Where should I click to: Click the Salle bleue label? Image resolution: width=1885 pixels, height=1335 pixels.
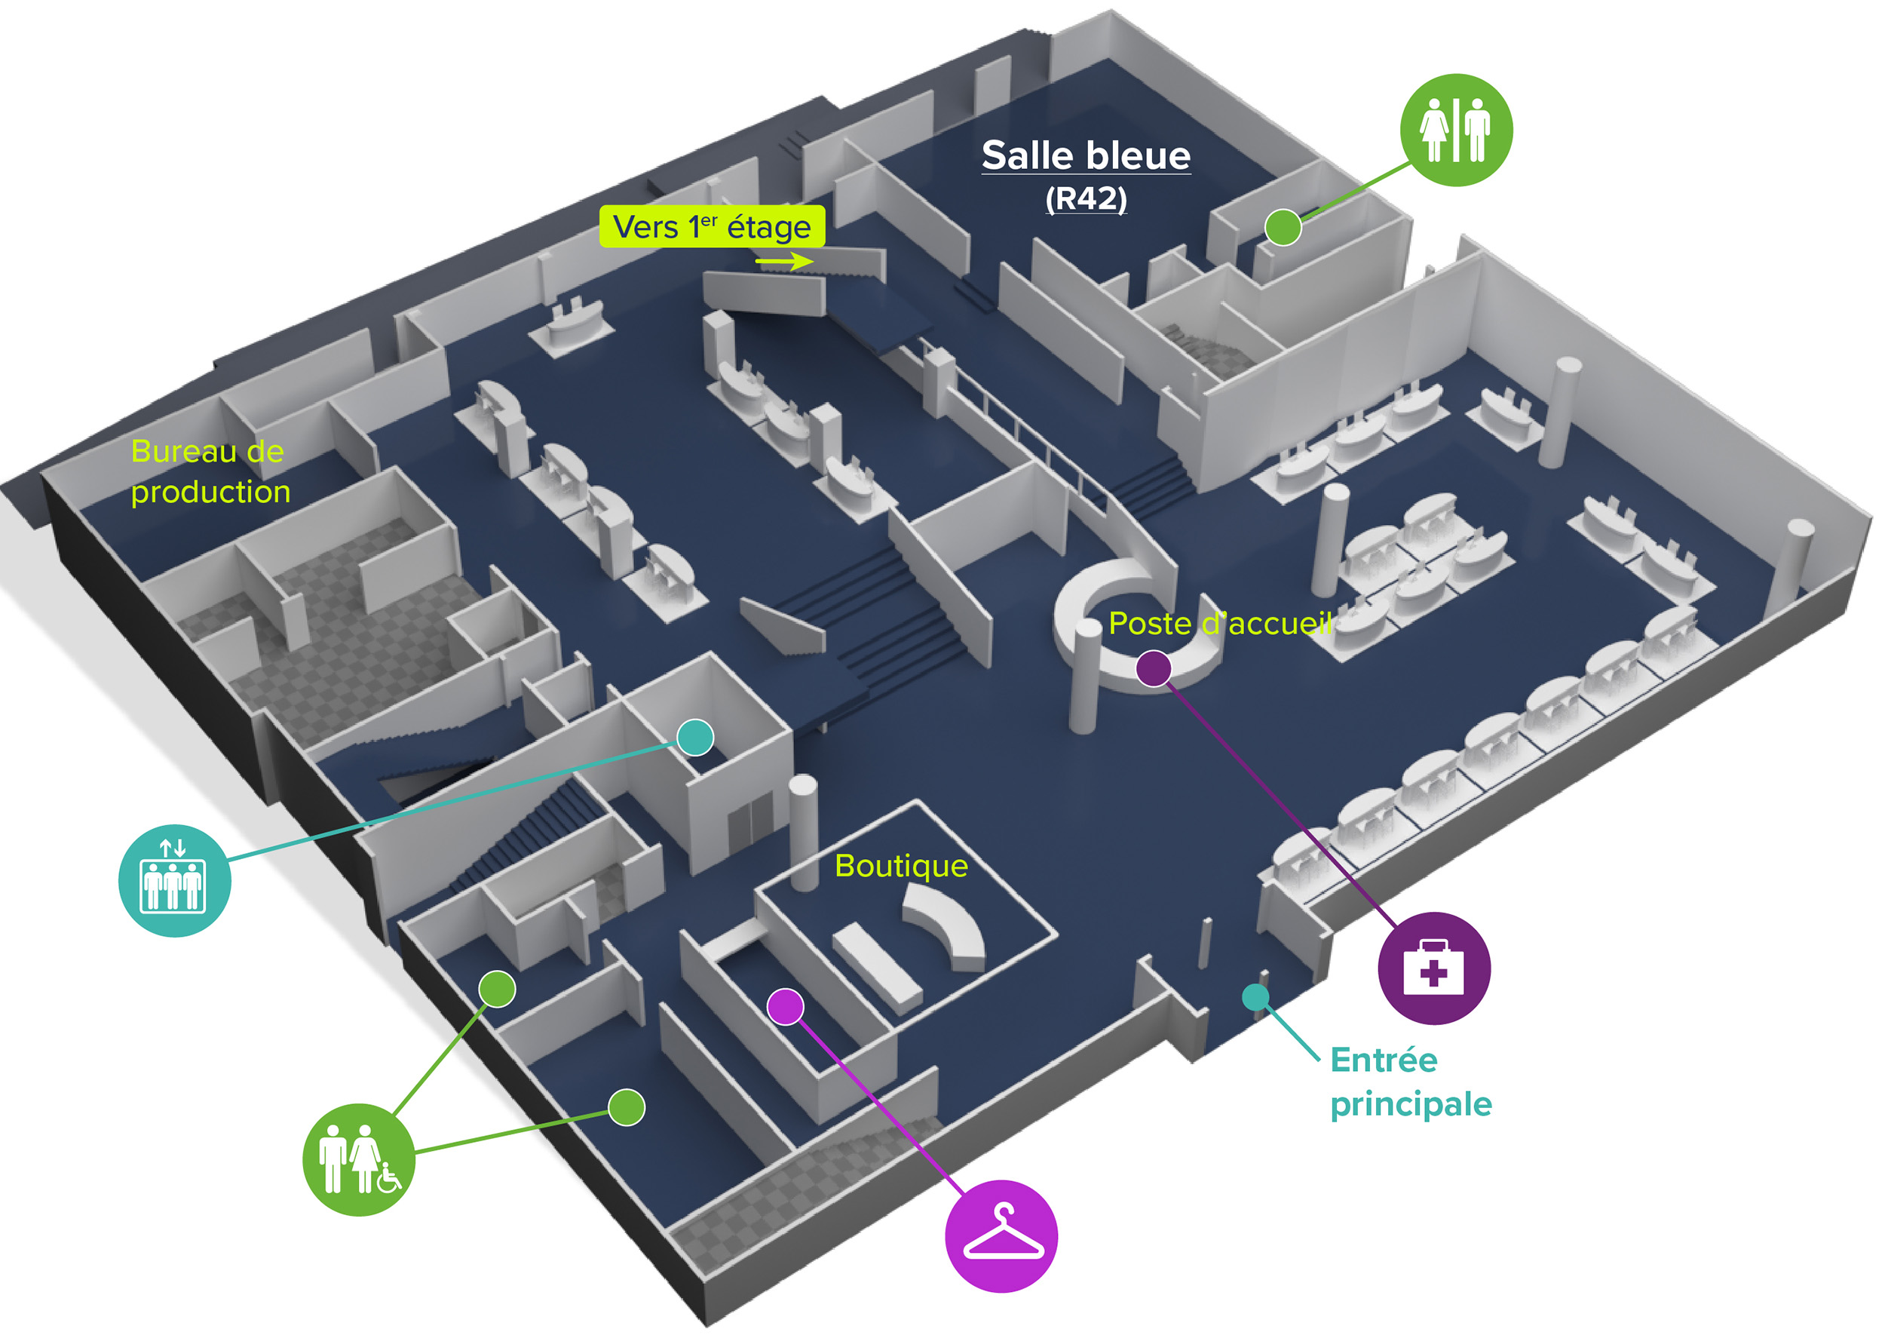[1086, 156]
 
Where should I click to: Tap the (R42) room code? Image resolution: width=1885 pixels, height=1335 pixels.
[1086, 199]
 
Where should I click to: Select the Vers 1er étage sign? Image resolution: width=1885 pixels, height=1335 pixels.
[712, 227]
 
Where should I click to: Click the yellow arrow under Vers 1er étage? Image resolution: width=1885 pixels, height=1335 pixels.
[783, 262]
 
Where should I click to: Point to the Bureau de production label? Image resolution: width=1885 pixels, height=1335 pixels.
[210, 472]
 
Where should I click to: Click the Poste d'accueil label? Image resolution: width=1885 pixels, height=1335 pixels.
[1219, 624]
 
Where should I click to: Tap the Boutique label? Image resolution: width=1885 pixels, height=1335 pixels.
[900, 866]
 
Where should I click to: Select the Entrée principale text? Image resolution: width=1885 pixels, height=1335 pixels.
[1410, 1082]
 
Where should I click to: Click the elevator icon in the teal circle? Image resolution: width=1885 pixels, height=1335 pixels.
[174, 880]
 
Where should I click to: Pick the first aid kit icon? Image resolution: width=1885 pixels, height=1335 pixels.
[1434, 968]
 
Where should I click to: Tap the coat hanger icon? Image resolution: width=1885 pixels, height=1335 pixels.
[1001, 1235]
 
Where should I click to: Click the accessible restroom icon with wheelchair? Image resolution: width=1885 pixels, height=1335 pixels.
[359, 1159]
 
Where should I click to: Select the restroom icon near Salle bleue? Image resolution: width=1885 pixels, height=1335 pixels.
[1455, 130]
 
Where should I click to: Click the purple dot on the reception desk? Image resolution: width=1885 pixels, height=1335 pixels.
[1154, 668]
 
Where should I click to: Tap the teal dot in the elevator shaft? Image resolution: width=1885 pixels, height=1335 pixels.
[695, 737]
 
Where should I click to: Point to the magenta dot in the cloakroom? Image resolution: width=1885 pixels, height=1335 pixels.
[786, 1007]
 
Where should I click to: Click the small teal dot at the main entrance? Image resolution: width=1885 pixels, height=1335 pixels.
[1255, 998]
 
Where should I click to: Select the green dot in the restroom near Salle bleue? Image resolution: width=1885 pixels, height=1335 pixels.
[1283, 227]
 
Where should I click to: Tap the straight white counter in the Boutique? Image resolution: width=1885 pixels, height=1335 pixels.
[876, 967]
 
